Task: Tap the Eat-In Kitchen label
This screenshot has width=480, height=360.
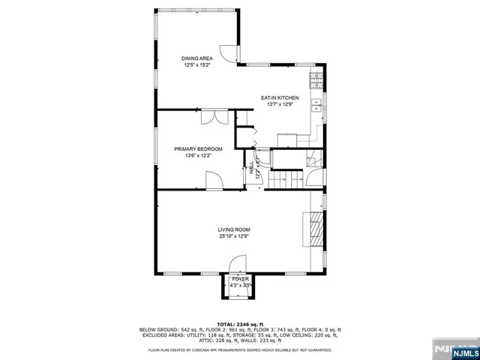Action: (x=280, y=98)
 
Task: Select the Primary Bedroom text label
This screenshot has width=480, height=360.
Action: (x=198, y=149)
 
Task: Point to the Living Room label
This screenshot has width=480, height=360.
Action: (x=234, y=229)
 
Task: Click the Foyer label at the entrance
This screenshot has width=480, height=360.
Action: (x=240, y=279)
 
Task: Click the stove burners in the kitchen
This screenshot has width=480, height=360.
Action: (x=316, y=79)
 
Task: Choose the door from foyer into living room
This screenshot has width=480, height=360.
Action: (x=238, y=262)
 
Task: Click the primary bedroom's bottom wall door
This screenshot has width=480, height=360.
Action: (x=213, y=180)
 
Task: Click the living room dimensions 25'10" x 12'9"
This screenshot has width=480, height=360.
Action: (x=234, y=237)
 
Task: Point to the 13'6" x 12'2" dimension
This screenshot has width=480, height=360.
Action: (x=198, y=156)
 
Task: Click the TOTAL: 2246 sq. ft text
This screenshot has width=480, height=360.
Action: (x=239, y=324)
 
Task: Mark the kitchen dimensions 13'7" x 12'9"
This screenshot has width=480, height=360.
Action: (x=280, y=105)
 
